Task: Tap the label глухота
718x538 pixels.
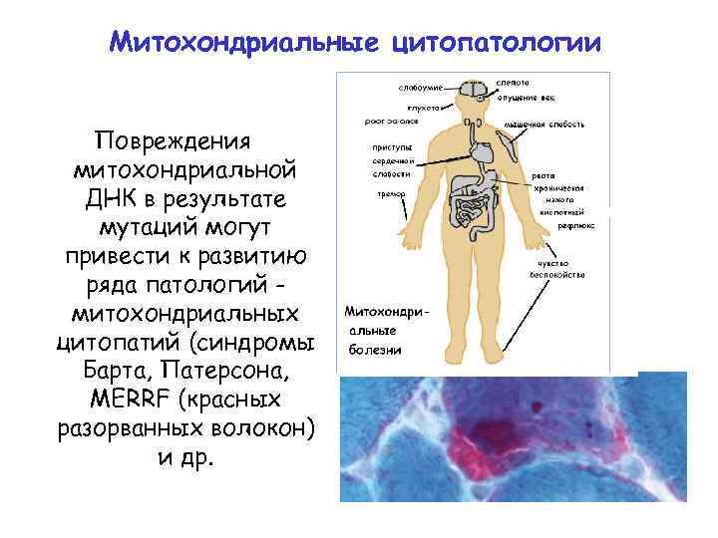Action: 424,106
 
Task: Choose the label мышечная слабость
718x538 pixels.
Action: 543,125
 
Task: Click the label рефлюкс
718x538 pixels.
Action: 570,226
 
